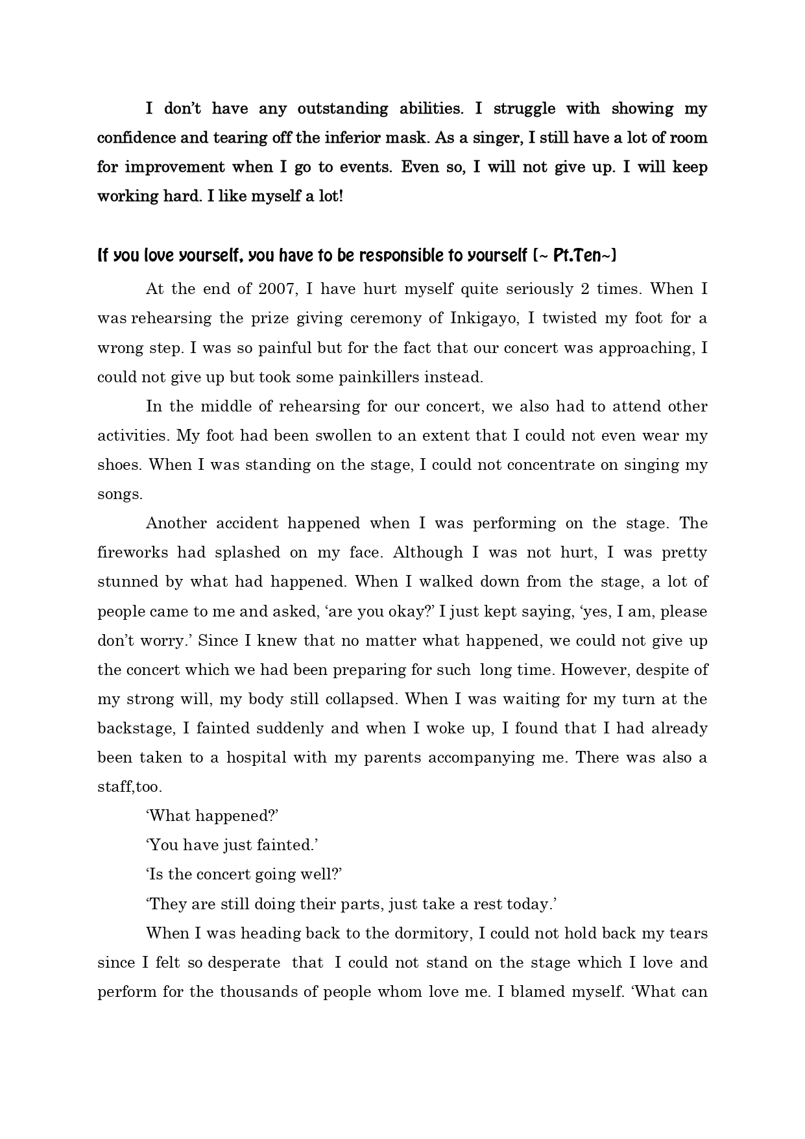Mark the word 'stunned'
pos(126,582)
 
